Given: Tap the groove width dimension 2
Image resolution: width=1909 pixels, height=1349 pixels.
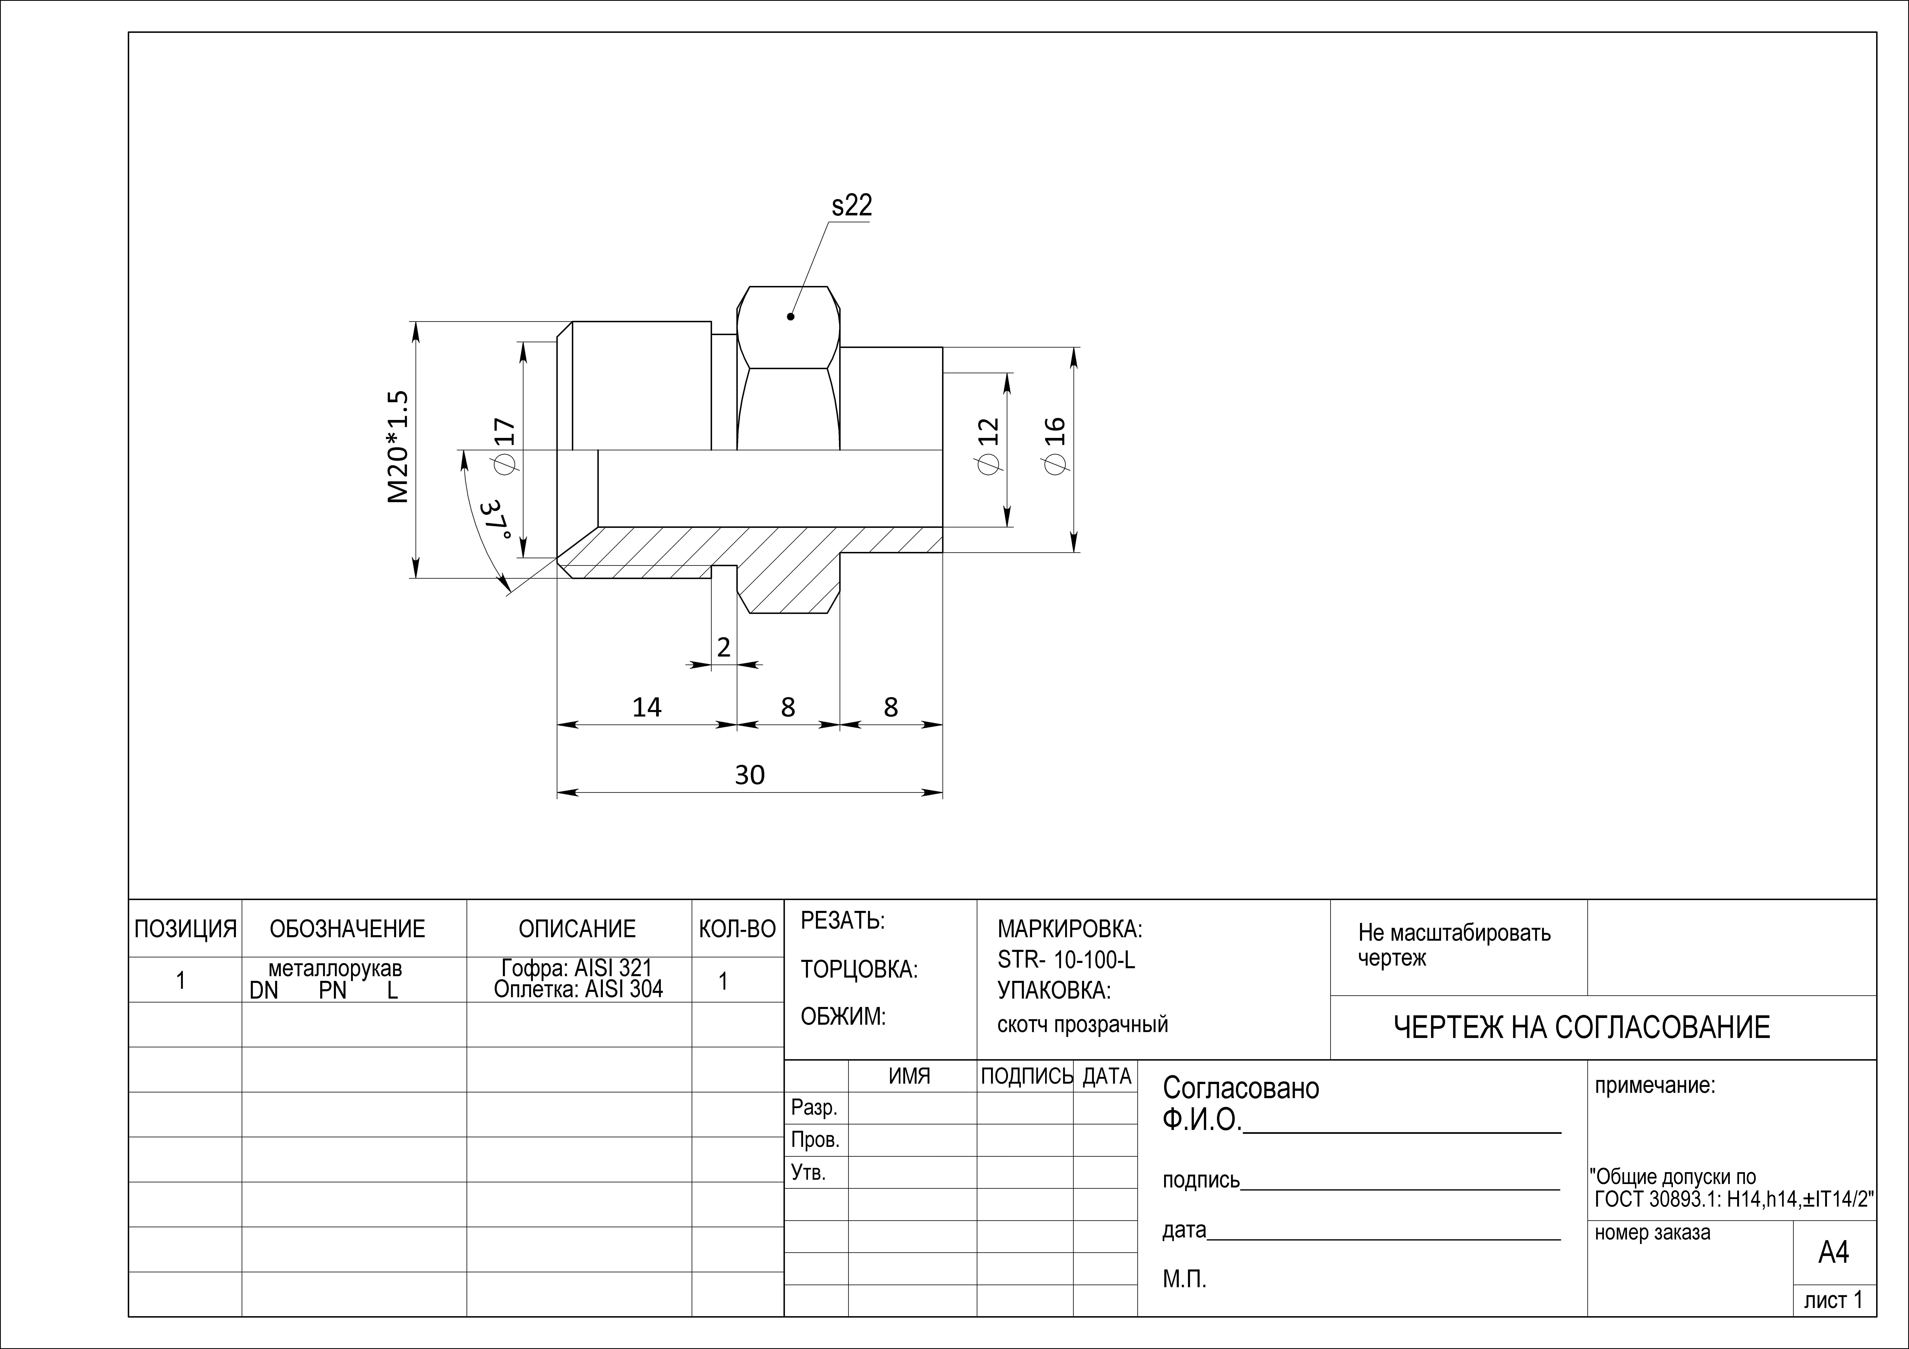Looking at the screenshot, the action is pos(723,647).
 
